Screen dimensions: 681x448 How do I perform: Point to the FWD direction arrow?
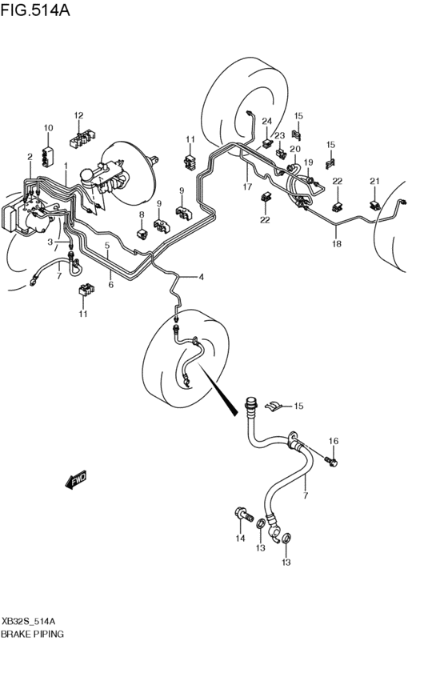point(77,480)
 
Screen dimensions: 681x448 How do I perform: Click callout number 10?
point(48,129)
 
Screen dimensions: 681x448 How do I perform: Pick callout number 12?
point(79,115)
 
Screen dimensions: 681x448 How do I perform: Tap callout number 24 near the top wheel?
point(266,122)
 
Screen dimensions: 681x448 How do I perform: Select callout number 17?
point(248,187)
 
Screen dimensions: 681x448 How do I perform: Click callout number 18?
point(336,244)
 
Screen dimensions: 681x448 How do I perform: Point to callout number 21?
point(374,181)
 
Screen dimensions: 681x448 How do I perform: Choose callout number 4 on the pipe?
point(201,278)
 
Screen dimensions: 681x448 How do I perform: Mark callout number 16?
point(334,441)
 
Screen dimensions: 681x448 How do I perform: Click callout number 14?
point(240,539)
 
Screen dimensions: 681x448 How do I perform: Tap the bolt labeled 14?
point(240,512)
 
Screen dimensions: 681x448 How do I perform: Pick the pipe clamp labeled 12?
point(80,141)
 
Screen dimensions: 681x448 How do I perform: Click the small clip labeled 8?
point(142,233)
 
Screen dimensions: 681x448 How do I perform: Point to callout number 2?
point(30,157)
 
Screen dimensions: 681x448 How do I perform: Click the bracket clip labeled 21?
point(374,204)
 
